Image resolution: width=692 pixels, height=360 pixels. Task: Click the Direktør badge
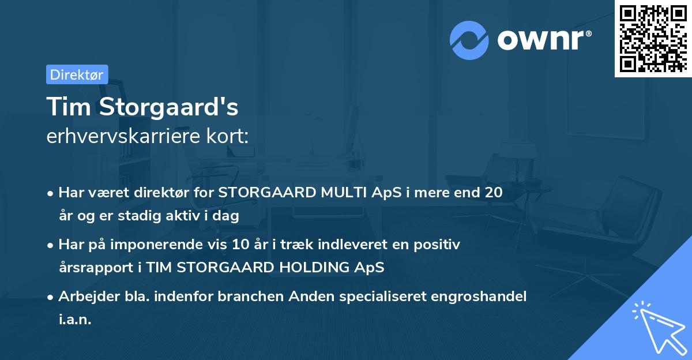(x=77, y=74)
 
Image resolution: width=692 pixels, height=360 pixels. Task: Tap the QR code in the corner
(x=653, y=38)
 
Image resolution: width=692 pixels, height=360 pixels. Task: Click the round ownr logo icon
(x=469, y=40)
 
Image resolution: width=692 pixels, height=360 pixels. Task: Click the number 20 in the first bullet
(x=493, y=193)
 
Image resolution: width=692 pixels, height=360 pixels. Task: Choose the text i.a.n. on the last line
(x=75, y=319)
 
